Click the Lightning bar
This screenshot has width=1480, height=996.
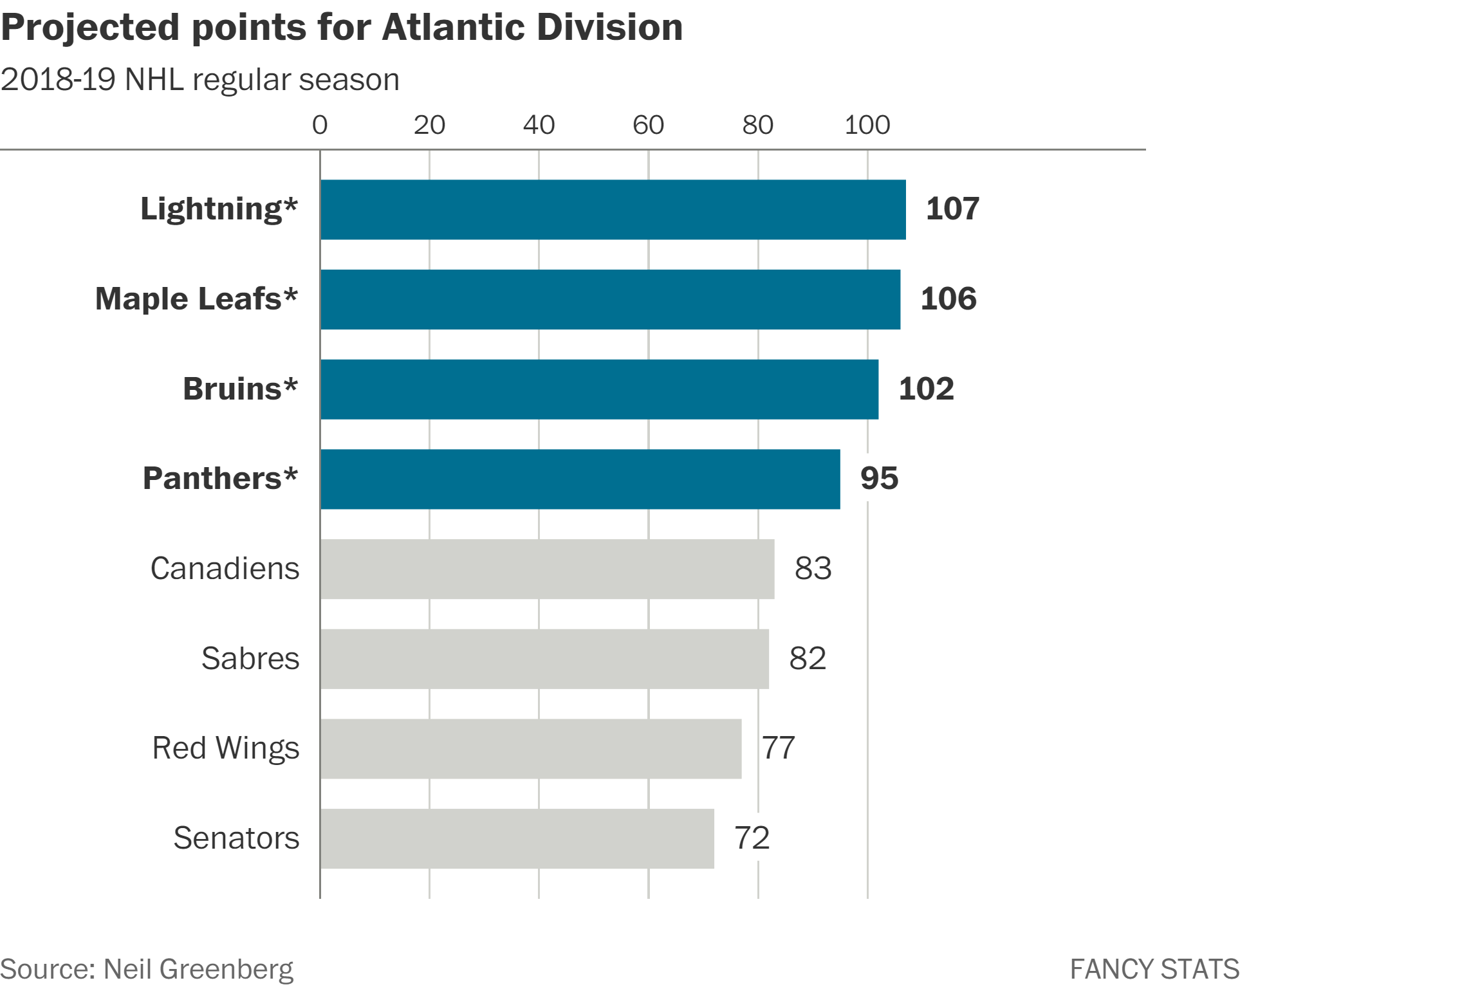tap(613, 210)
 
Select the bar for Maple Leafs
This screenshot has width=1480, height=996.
tap(610, 299)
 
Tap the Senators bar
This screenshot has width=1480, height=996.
tap(517, 838)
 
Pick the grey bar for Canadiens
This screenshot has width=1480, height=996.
tap(547, 569)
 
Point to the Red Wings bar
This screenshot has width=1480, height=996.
tap(530, 748)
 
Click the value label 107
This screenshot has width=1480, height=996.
tap(952, 209)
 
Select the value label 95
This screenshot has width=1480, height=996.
tap(879, 478)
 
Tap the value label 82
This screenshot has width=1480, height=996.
tap(808, 658)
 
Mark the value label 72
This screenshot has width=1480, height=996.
tap(752, 838)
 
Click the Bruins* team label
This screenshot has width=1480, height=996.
tap(240, 389)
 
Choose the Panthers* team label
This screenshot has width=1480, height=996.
tap(220, 478)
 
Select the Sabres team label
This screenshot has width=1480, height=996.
tap(250, 658)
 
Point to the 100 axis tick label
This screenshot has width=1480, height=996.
tap(867, 125)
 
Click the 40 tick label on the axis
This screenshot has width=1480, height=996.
tap(539, 125)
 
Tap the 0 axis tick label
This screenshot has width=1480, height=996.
tap(320, 125)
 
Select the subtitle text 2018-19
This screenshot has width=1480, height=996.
tap(58, 80)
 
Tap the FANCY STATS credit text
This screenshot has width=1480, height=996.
tap(1154, 969)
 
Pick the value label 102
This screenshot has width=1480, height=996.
tap(926, 389)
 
